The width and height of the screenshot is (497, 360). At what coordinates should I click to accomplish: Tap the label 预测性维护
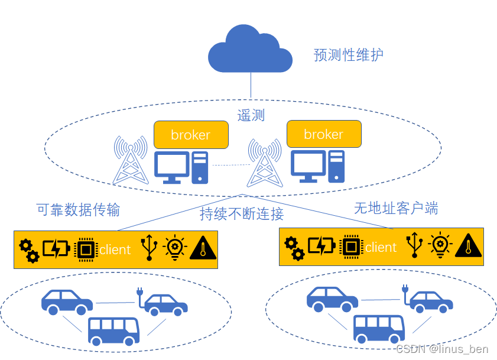[x=348, y=56]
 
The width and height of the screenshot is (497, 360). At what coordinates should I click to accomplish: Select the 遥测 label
[x=251, y=115]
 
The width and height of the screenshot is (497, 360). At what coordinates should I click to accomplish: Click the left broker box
[x=190, y=135]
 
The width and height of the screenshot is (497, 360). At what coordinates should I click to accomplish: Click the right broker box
[x=323, y=134]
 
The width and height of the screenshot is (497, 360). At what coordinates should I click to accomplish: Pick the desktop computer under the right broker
[x=317, y=166]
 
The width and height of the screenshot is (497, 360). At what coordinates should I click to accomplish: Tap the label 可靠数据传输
[x=78, y=210]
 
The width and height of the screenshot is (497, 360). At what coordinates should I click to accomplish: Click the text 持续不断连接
[x=242, y=214]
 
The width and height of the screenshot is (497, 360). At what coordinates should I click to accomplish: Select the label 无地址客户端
[x=396, y=208]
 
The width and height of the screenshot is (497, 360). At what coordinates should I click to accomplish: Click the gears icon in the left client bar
[x=28, y=250]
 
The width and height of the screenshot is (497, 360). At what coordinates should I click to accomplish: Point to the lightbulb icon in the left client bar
[x=175, y=248]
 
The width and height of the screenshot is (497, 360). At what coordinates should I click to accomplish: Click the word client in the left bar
[x=115, y=250]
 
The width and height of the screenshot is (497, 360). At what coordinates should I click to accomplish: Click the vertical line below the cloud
[x=251, y=85]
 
